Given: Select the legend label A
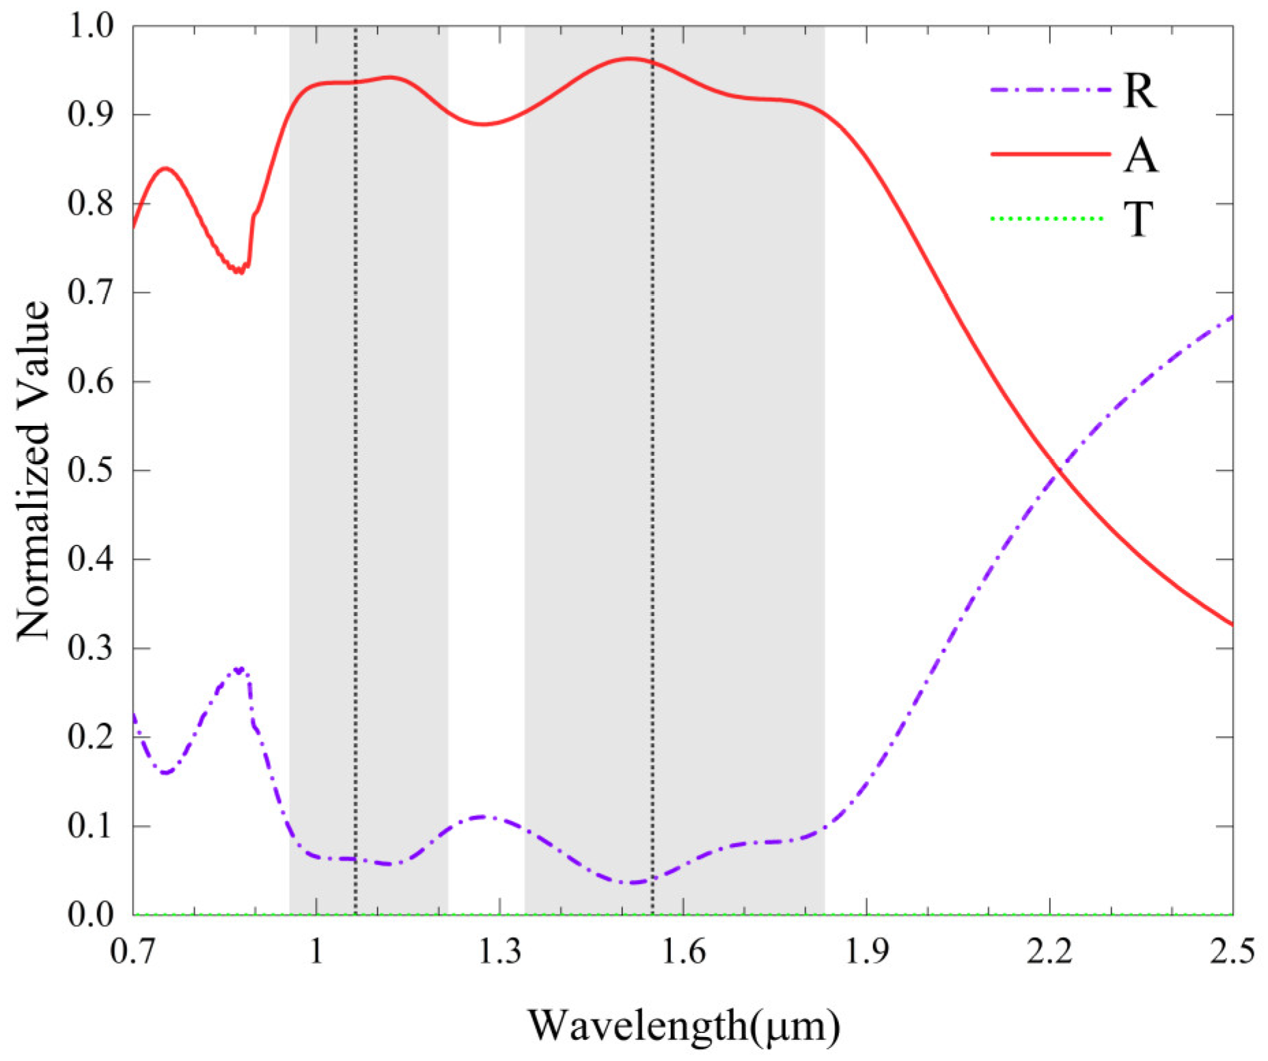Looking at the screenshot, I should (x=1140, y=155).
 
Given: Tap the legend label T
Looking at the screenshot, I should (x=1138, y=219).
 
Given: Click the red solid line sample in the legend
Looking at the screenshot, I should (x=1049, y=155).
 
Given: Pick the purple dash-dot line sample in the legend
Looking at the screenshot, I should (x=1049, y=90).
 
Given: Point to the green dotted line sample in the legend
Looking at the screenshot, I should (x=1047, y=219).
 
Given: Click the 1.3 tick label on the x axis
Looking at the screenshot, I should (x=499, y=952).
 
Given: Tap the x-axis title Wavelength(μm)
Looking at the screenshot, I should (x=683, y=1025).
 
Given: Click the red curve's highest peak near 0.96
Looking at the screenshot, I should (x=629, y=59).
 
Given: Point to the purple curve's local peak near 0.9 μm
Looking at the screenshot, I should (x=238, y=670).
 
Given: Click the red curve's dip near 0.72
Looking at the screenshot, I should (x=238, y=271).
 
